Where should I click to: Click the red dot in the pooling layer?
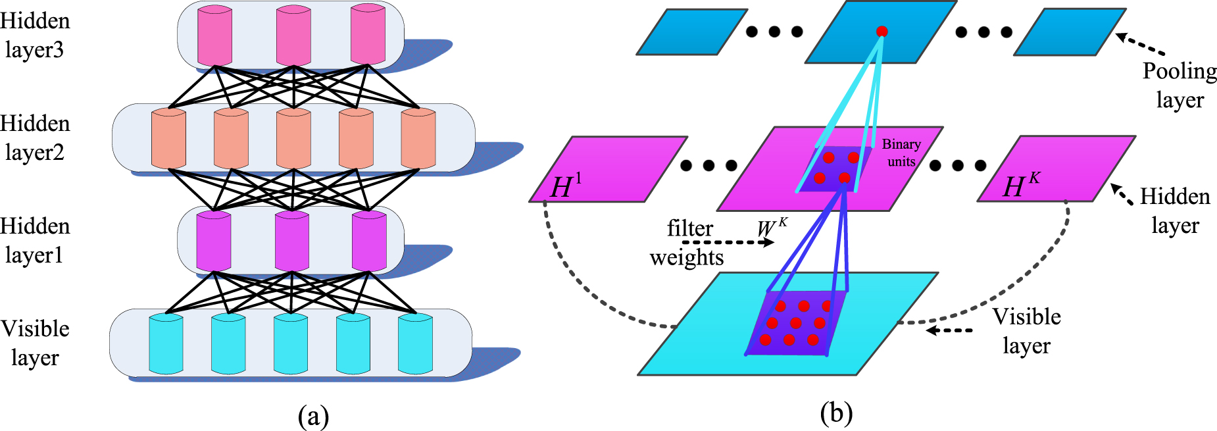[x=882, y=31]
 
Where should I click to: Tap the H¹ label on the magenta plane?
[x=566, y=186]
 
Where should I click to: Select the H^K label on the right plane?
[x=1021, y=185]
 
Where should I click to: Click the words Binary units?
[x=901, y=153]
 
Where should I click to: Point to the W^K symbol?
[x=772, y=227]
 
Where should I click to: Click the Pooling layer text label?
[x=1180, y=86]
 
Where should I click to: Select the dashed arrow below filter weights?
[x=728, y=242]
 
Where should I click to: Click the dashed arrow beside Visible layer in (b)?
[x=949, y=330]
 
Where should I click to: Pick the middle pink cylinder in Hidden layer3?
[x=293, y=36]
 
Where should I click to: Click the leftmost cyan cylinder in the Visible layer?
[x=166, y=344]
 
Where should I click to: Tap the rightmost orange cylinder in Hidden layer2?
[x=418, y=139]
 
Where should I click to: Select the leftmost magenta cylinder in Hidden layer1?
[x=214, y=241]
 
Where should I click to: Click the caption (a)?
[x=313, y=417]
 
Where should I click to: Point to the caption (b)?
[x=837, y=414]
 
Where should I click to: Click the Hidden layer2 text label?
[x=35, y=138]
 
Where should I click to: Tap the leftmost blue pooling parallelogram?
[x=692, y=32]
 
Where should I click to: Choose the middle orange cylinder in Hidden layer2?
[x=293, y=139]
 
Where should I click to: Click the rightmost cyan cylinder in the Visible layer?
[x=415, y=344]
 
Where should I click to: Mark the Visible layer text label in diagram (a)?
[x=36, y=343]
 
